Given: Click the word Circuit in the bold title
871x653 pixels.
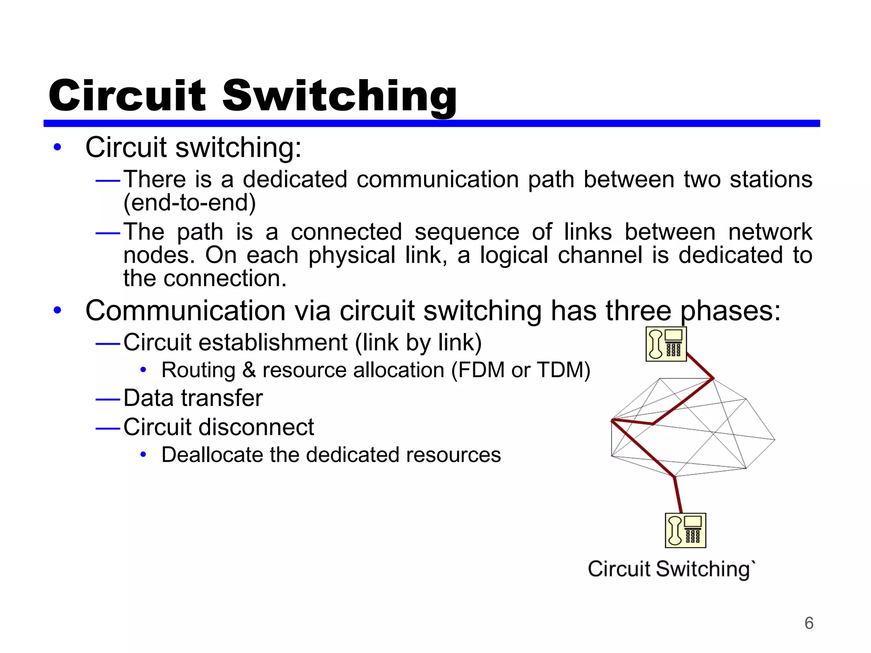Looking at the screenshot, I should pos(127,96).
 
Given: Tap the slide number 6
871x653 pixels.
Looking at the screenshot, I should pos(808,623).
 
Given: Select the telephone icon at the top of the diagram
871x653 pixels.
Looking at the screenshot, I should pos(666,344).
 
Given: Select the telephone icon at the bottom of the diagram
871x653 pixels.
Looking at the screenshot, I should pos(685,531).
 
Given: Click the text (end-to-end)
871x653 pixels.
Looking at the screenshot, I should pos(190,203).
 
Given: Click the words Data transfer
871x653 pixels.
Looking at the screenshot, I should pos(193,398).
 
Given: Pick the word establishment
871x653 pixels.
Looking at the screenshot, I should pos(273,343).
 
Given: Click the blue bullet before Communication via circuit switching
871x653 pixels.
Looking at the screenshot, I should pos(57,310).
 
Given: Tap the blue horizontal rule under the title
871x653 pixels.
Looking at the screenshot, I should pos(431,123).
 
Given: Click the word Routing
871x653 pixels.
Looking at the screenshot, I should pos(198,370).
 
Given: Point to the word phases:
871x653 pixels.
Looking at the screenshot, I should pos(730,311).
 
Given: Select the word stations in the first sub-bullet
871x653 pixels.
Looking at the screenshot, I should pos(771,179).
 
